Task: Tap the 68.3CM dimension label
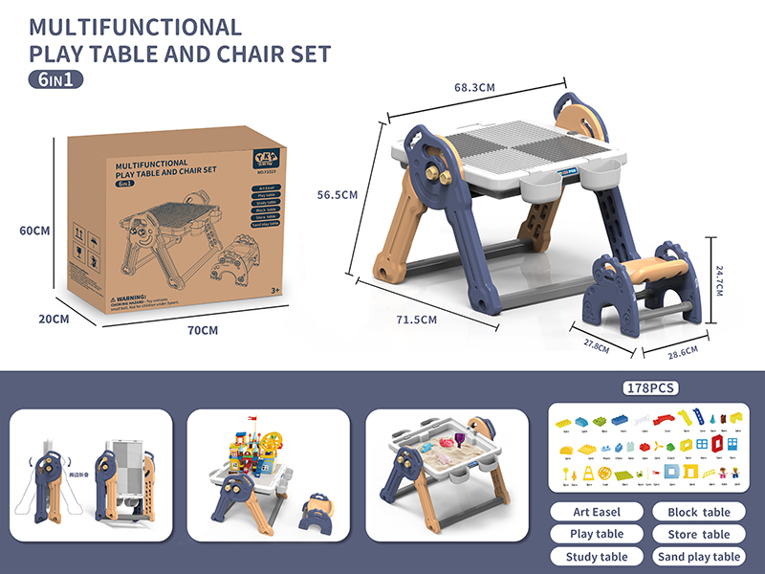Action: point(474,87)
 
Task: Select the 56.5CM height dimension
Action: point(338,194)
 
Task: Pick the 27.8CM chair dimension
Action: point(594,343)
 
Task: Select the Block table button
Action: point(698,512)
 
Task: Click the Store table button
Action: point(698,534)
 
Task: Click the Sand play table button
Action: point(698,556)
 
